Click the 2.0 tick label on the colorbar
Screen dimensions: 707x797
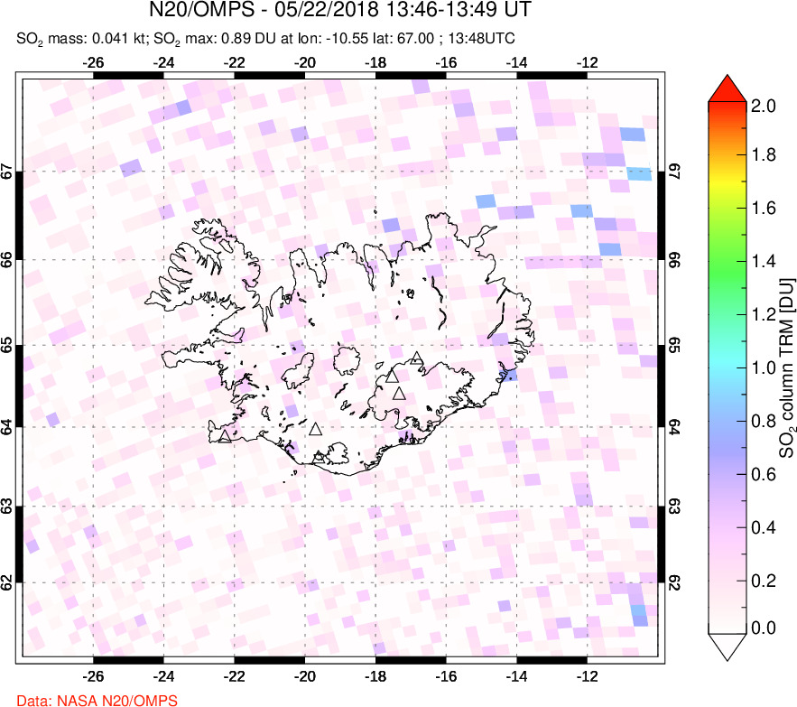pos(764,106)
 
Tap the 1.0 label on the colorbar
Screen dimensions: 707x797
pos(764,367)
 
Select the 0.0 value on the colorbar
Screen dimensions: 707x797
pos(764,628)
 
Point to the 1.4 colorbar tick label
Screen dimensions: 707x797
pos(764,263)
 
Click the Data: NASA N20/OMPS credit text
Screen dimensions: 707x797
pos(97,700)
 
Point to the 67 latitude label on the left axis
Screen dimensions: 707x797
pos(7,172)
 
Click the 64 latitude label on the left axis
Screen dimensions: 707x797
pos(7,427)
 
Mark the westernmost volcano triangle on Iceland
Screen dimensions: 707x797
pos(224,437)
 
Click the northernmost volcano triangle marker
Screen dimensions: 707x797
pos(416,358)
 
